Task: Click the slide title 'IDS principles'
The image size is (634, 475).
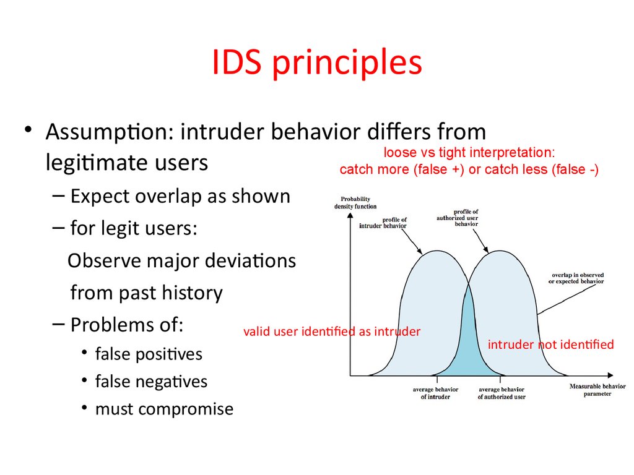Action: coord(317,62)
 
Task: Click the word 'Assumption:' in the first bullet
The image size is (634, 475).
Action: coord(110,132)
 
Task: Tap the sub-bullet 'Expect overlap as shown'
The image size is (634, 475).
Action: coord(180,196)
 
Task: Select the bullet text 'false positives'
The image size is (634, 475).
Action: coord(149,354)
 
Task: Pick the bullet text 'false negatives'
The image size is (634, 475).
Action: coord(151,382)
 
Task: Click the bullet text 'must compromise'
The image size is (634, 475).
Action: coord(164,409)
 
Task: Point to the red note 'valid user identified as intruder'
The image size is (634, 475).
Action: coord(332,332)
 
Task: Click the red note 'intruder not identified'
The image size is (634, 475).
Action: coord(550,344)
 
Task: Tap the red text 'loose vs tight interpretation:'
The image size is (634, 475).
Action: coord(469,152)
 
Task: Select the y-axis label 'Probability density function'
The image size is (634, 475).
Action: coord(355,203)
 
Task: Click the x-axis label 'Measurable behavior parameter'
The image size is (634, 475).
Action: coord(597,390)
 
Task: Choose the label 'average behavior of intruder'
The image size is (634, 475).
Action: coord(435,393)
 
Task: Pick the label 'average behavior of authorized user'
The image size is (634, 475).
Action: coord(502,393)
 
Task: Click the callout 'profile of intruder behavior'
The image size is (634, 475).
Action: coord(383,223)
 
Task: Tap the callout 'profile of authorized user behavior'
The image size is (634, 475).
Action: coord(458,218)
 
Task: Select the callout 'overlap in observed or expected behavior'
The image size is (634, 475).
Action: coord(576,278)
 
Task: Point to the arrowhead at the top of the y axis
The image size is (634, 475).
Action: coord(350,215)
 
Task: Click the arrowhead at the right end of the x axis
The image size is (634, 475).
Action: coord(610,375)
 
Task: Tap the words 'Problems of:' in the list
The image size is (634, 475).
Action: coord(127,325)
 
